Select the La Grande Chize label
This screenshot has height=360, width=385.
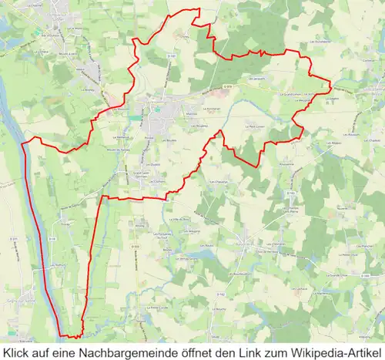tap(336, 274)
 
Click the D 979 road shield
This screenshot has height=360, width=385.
tap(228, 86)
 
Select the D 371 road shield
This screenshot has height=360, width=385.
tap(15, 239)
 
